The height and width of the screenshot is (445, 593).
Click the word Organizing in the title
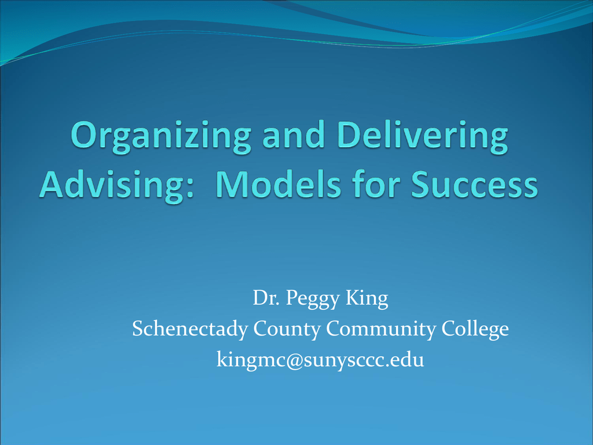click(x=161, y=137)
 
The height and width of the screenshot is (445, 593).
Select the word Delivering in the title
click(x=422, y=137)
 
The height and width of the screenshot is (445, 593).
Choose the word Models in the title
click(x=279, y=184)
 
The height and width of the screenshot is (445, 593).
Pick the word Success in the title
click(x=474, y=184)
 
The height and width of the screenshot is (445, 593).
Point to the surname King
click(x=367, y=299)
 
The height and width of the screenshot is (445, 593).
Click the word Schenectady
click(x=190, y=329)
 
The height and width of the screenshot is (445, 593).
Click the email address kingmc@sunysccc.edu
click(x=320, y=360)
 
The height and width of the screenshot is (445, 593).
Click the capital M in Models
click(x=233, y=184)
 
